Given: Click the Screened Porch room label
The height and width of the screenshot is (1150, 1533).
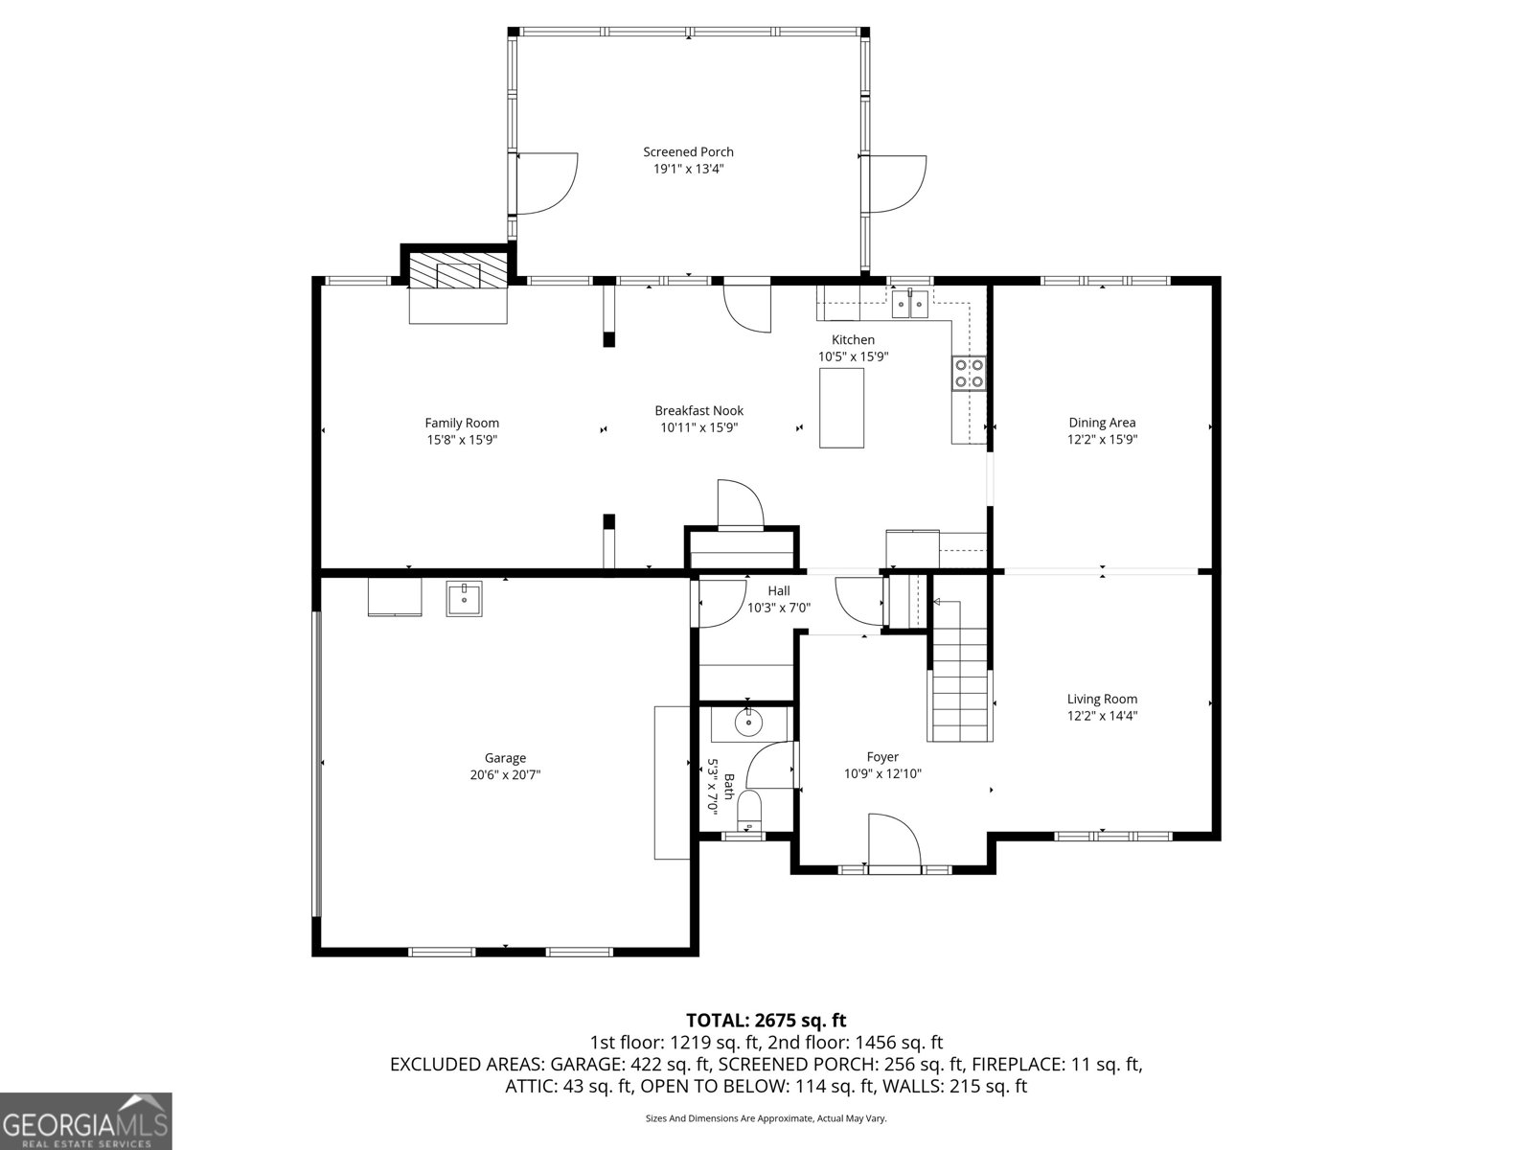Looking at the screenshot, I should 688,151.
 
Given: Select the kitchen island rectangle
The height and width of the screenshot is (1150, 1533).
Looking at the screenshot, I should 841,407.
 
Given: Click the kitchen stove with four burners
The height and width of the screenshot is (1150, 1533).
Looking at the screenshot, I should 969,373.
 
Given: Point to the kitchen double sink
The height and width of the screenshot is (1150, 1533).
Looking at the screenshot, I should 909,305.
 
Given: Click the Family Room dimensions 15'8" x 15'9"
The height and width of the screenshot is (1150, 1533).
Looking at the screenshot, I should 462,440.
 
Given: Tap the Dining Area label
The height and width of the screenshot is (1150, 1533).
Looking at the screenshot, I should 1102,423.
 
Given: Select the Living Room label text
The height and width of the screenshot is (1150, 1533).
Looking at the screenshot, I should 1102,699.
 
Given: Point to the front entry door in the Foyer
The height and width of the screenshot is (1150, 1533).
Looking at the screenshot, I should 893,843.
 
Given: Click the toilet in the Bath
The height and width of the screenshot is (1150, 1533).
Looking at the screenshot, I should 748,813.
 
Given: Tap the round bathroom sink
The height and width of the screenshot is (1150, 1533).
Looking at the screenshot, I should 747,722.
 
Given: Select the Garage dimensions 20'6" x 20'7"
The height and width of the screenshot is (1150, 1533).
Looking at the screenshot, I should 504,775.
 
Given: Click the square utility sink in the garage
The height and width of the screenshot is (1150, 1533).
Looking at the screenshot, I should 464,598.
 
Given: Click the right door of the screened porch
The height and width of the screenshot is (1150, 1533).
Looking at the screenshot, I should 893,183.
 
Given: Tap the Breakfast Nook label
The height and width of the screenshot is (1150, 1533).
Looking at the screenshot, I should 698,410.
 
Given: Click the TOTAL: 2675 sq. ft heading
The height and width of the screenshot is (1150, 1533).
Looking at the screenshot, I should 766,1021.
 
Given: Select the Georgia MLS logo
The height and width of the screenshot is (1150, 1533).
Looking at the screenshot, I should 86,1120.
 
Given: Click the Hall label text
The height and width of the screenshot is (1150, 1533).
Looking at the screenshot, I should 778,590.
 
